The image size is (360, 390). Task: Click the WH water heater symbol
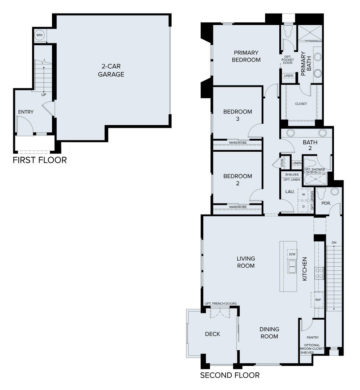[x=39, y=35]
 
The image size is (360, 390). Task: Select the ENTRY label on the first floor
[x=26, y=112]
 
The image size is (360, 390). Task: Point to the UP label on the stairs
[x=44, y=95]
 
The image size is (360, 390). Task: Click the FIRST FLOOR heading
[x=40, y=160]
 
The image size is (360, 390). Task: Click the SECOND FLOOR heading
[x=230, y=375]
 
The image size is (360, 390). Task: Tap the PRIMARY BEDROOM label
[x=246, y=56]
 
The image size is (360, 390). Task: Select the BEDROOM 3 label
[x=237, y=115]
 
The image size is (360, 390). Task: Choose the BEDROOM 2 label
[x=237, y=179]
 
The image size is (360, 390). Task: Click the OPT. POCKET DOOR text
[x=288, y=59]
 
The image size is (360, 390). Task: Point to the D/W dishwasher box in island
[x=292, y=254]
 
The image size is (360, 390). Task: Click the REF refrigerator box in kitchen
[x=318, y=300]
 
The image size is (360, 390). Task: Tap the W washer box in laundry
[x=303, y=194]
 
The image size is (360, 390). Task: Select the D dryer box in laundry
[x=303, y=206]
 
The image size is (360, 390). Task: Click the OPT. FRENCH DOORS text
[x=221, y=303]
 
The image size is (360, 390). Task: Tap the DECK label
[x=212, y=334]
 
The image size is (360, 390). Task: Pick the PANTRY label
[x=312, y=337]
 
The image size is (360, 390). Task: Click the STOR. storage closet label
[x=282, y=163]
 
